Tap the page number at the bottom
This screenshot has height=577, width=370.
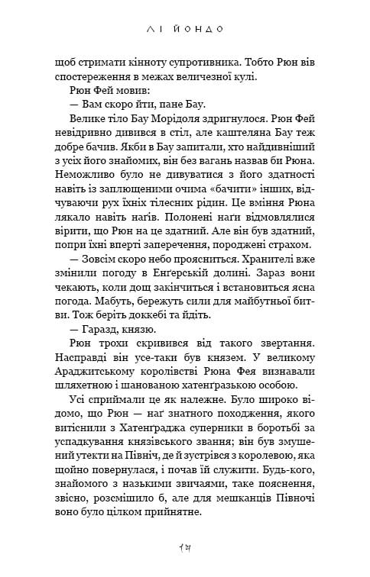click(185, 546)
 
